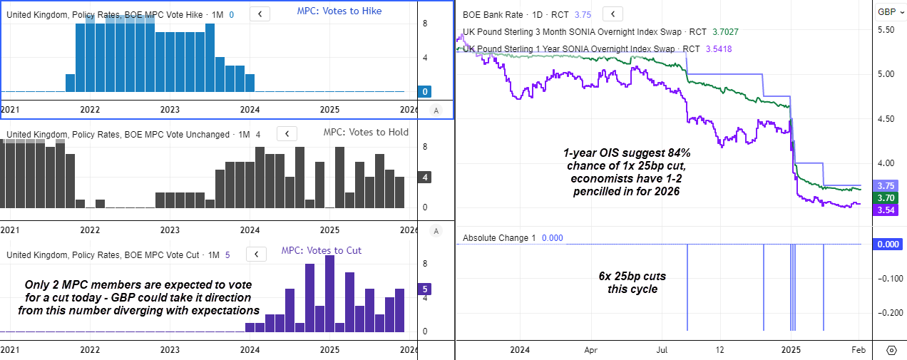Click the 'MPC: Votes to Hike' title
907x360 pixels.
339,11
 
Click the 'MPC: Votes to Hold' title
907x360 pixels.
366,133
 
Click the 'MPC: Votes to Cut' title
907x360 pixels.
321,250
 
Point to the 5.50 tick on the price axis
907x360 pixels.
886,30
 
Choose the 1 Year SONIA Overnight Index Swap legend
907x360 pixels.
570,48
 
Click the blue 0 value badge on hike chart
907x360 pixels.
426,92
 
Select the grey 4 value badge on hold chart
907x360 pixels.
426,178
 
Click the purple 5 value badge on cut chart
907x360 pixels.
426,289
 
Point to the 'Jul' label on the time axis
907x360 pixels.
662,350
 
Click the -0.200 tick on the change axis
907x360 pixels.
885,313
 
